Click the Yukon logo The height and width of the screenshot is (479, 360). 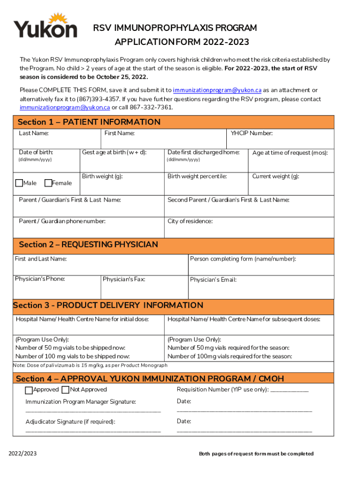45,26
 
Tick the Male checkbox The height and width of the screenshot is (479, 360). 19,183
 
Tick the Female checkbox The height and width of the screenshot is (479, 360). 48,183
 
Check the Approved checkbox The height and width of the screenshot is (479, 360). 29,390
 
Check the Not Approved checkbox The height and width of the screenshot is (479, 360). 65,390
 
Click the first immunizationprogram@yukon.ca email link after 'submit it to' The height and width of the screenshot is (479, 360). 217,90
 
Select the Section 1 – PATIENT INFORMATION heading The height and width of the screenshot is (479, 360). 89,122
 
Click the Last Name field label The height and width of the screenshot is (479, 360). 34,133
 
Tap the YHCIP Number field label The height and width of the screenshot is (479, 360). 252,133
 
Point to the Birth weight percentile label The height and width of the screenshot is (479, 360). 197,176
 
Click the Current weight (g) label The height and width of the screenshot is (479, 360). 275,176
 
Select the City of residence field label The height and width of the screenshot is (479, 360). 190,221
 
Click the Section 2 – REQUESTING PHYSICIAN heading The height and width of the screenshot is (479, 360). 88,245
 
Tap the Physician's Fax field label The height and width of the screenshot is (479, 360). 124,279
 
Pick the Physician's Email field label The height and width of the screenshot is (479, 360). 213,280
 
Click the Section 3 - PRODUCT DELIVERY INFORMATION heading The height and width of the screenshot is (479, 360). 108,305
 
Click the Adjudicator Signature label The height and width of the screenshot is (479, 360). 70,421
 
